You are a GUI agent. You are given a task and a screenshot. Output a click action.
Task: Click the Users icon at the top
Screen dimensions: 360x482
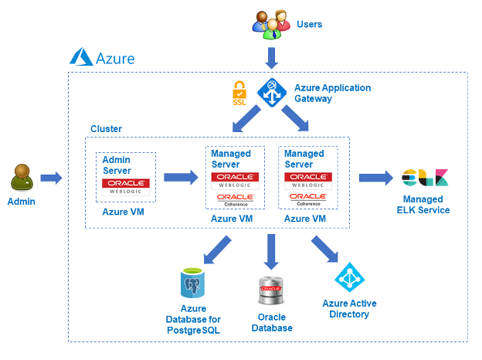coord(272,24)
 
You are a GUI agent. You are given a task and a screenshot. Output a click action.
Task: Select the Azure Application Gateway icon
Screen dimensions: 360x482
coord(272,93)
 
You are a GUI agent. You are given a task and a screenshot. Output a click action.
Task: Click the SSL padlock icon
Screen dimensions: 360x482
coord(239,94)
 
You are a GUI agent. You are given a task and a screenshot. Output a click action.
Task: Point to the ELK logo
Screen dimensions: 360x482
coord(424,178)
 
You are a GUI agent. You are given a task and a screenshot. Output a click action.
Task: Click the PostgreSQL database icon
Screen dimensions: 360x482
coord(193,284)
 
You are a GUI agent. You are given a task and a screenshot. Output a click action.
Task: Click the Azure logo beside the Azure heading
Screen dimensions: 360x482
coord(81,57)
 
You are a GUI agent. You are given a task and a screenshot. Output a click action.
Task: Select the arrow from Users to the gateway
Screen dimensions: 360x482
coord(272,57)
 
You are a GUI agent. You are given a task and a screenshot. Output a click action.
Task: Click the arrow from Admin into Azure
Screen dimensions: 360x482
coord(51,178)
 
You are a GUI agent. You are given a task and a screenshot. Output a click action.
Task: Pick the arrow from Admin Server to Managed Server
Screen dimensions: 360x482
coord(181,178)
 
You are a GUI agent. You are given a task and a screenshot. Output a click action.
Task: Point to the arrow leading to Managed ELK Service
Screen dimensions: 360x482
coord(375,178)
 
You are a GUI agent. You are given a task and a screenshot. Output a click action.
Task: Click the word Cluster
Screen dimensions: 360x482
coord(106,128)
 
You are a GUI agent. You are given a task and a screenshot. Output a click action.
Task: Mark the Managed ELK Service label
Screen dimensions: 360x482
coord(423,205)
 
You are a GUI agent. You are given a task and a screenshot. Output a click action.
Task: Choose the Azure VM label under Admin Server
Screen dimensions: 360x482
coord(124,210)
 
